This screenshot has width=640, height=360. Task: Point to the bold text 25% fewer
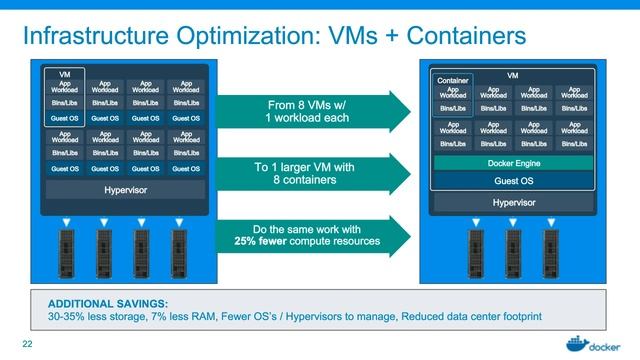(262, 241)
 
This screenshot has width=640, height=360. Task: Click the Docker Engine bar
(514, 163)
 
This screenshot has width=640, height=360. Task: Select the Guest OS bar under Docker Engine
(514, 181)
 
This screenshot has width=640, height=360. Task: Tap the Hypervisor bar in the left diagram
(125, 189)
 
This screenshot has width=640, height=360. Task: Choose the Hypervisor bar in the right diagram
(514, 202)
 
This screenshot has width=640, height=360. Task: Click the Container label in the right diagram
(453, 80)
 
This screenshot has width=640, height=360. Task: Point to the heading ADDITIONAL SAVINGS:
(99, 304)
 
